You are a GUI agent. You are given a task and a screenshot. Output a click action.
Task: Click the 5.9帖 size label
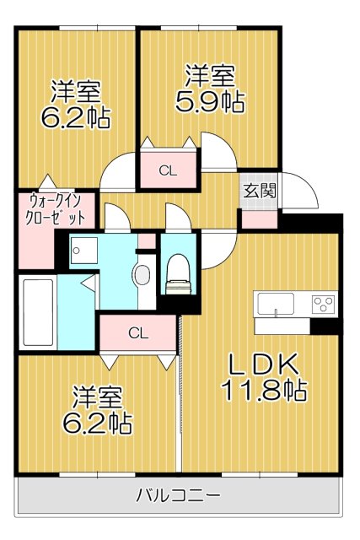tap(209, 102)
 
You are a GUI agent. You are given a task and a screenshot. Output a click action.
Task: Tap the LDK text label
tap(262, 365)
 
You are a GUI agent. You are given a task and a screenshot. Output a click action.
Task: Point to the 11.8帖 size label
tap(262, 391)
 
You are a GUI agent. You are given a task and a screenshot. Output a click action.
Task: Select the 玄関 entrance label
tap(259, 190)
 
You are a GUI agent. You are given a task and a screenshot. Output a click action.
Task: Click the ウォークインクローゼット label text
tap(56, 208)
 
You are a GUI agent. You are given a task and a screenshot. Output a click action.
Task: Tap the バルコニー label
tap(179, 495)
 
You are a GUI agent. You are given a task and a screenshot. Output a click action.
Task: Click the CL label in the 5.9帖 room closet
tap(168, 171)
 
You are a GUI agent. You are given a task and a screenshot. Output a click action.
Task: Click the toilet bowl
tap(177, 273)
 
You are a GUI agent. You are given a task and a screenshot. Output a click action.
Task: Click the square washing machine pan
tap(83, 250)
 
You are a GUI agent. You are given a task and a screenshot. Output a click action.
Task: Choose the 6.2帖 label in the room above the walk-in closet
tap(76, 116)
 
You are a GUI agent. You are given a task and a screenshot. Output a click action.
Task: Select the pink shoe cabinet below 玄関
tap(259, 218)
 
